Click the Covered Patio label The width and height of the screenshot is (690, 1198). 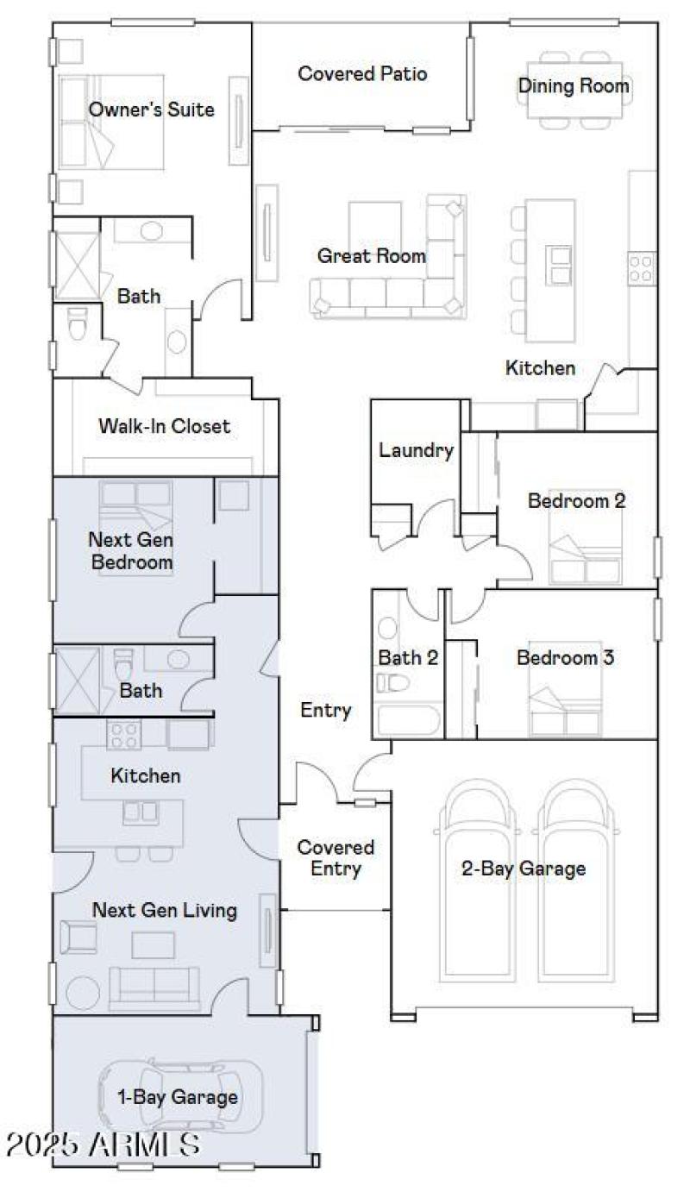click(x=362, y=73)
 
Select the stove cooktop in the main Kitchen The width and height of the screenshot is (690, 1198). click(x=643, y=267)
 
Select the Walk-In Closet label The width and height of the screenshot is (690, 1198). click(x=164, y=426)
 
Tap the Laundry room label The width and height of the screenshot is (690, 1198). click(x=416, y=450)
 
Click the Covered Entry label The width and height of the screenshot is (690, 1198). click(x=336, y=858)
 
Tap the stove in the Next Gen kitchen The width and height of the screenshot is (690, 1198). click(x=123, y=735)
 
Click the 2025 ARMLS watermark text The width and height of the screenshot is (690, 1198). click(x=102, y=1145)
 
